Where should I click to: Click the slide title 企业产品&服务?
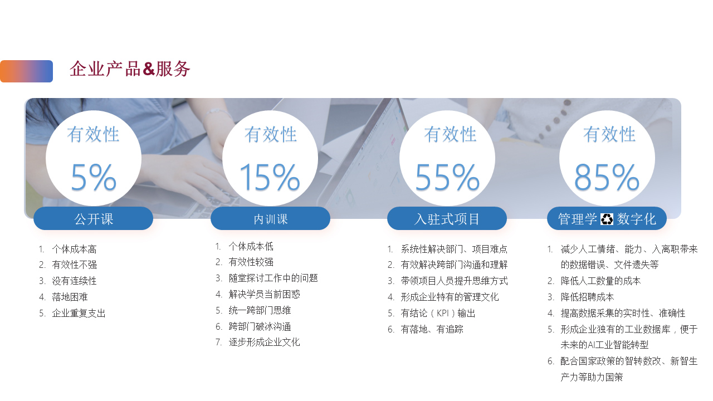[x=130, y=69]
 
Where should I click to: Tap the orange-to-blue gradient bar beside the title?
[x=26, y=71]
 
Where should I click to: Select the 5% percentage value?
[x=93, y=177]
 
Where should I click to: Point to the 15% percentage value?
[x=270, y=177]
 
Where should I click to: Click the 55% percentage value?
[x=447, y=177]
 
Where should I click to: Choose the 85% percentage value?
[x=607, y=177]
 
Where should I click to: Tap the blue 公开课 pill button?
[x=93, y=219]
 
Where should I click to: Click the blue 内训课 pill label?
[x=270, y=219]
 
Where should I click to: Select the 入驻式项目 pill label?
[x=447, y=219]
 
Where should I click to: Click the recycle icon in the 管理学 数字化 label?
[x=607, y=219]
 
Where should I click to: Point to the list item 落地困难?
[x=70, y=297]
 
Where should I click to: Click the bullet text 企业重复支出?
[x=79, y=313]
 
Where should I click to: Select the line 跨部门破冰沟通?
[x=260, y=326]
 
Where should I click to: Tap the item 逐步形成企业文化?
[x=264, y=342]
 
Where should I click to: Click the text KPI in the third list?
[x=442, y=313]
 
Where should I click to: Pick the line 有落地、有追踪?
[x=432, y=329]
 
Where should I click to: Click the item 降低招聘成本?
[x=587, y=297]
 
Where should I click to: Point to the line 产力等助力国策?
[x=592, y=377]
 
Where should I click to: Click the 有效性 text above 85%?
[x=609, y=134]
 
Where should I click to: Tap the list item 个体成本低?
[x=251, y=246]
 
